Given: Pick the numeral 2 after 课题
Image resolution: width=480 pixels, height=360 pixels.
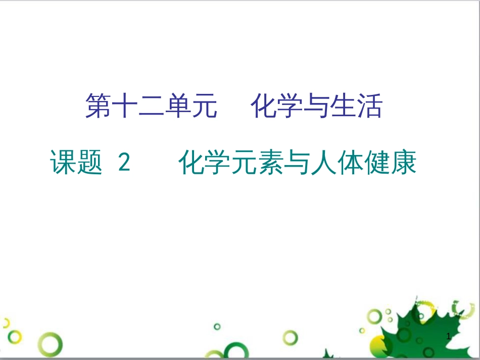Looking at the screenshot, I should pos(124,163).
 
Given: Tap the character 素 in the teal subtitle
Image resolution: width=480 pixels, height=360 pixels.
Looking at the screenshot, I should pos(271,163).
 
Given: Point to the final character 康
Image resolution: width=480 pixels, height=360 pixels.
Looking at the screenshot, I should pos(404,163).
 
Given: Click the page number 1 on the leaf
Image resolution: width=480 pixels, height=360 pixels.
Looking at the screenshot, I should pos(449,336).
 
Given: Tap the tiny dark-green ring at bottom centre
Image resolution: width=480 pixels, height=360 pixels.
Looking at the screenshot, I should pos(217,327).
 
